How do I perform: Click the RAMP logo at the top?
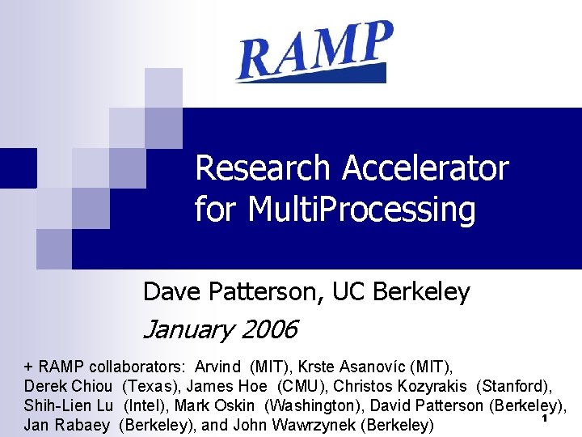click(x=315, y=51)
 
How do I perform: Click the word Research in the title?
click(x=264, y=168)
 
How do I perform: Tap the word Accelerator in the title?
click(x=425, y=168)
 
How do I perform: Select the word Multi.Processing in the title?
click(x=361, y=210)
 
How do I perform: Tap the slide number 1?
click(x=546, y=420)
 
